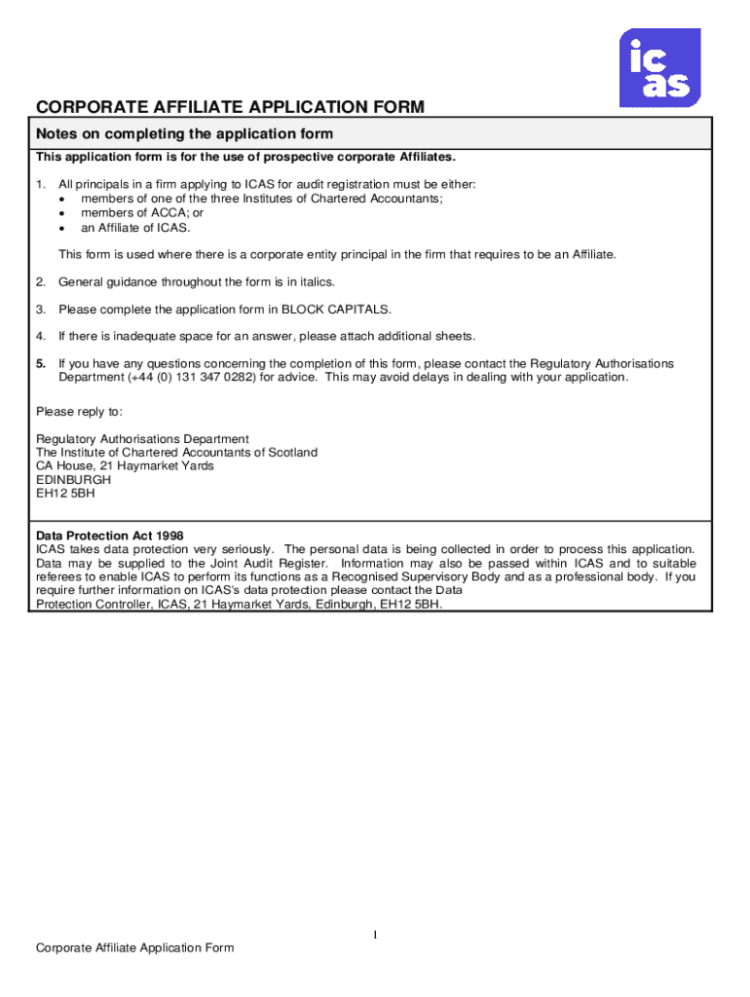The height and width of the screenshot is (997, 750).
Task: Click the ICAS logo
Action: tap(659, 67)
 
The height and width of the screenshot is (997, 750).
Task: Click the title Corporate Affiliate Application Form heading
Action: tap(230, 107)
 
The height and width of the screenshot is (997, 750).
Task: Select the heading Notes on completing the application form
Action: tap(184, 133)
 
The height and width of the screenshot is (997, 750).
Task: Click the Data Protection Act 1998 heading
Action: tap(109, 535)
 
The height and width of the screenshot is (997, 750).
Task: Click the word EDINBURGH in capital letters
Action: tap(73, 480)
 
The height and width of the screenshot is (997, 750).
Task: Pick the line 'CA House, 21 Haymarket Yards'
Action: tap(125, 466)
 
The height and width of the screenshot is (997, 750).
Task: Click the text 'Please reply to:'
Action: tap(80, 411)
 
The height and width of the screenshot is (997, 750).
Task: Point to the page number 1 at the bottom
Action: tap(374, 936)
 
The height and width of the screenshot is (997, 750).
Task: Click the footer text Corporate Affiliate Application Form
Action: tap(134, 948)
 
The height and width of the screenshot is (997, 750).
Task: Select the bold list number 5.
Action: tap(41, 363)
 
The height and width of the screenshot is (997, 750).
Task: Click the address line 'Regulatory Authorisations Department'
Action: tap(142, 439)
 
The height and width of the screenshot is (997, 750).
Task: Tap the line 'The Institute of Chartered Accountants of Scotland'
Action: tap(176, 453)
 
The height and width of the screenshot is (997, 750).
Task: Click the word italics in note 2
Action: tap(314, 281)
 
